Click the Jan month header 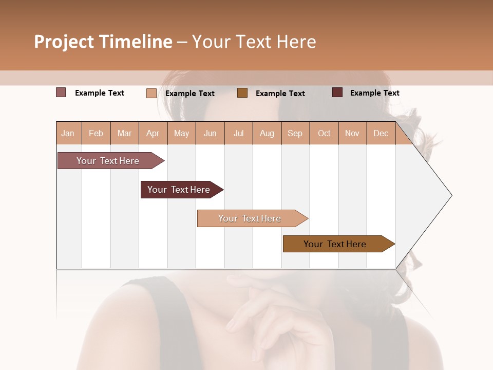68,133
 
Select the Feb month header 96,133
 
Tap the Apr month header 153,133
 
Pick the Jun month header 210,133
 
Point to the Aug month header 267,133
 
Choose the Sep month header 295,133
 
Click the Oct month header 324,133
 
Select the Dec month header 381,133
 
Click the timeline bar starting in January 108,161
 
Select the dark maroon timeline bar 179,190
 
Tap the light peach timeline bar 250,218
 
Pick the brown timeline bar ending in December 335,244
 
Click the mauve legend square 61,92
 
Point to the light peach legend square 151,93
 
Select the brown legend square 242,93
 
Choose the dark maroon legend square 337,92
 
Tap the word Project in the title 64,42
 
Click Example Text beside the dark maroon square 374,92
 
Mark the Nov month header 352,133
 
